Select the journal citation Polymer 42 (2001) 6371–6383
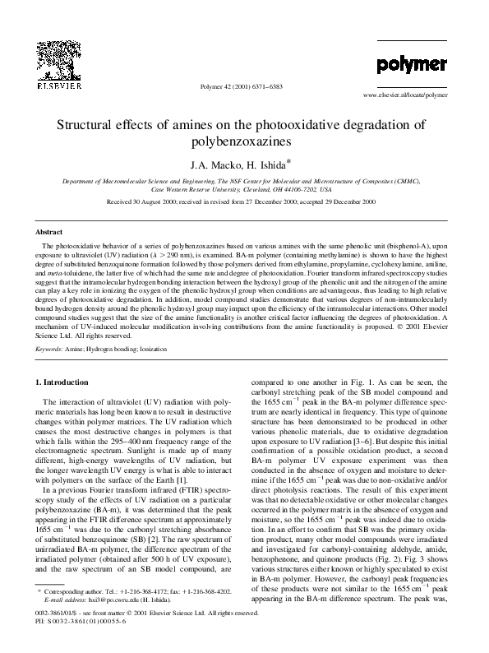(x=244, y=86)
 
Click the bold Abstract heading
(x=50, y=233)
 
